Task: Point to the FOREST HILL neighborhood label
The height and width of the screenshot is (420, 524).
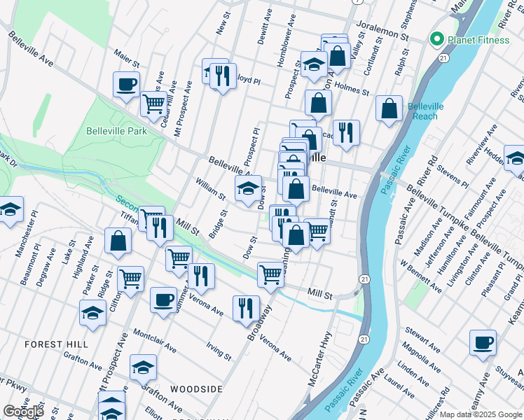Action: pos(56,344)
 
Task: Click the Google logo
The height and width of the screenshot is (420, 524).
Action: pos(22,412)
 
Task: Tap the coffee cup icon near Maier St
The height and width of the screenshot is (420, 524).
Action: pos(126,85)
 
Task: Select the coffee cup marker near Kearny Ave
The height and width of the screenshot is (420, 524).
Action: pos(483,343)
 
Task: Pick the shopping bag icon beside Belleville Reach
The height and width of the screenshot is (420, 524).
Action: pos(389,109)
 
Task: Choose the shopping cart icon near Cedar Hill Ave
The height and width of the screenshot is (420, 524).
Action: pos(153,104)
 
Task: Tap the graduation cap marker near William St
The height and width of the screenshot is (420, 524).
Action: pos(248,189)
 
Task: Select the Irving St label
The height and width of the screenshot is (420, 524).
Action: pos(219,351)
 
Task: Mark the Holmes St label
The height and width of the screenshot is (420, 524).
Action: pos(352,88)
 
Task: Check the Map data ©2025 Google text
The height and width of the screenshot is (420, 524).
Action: pos(480,414)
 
